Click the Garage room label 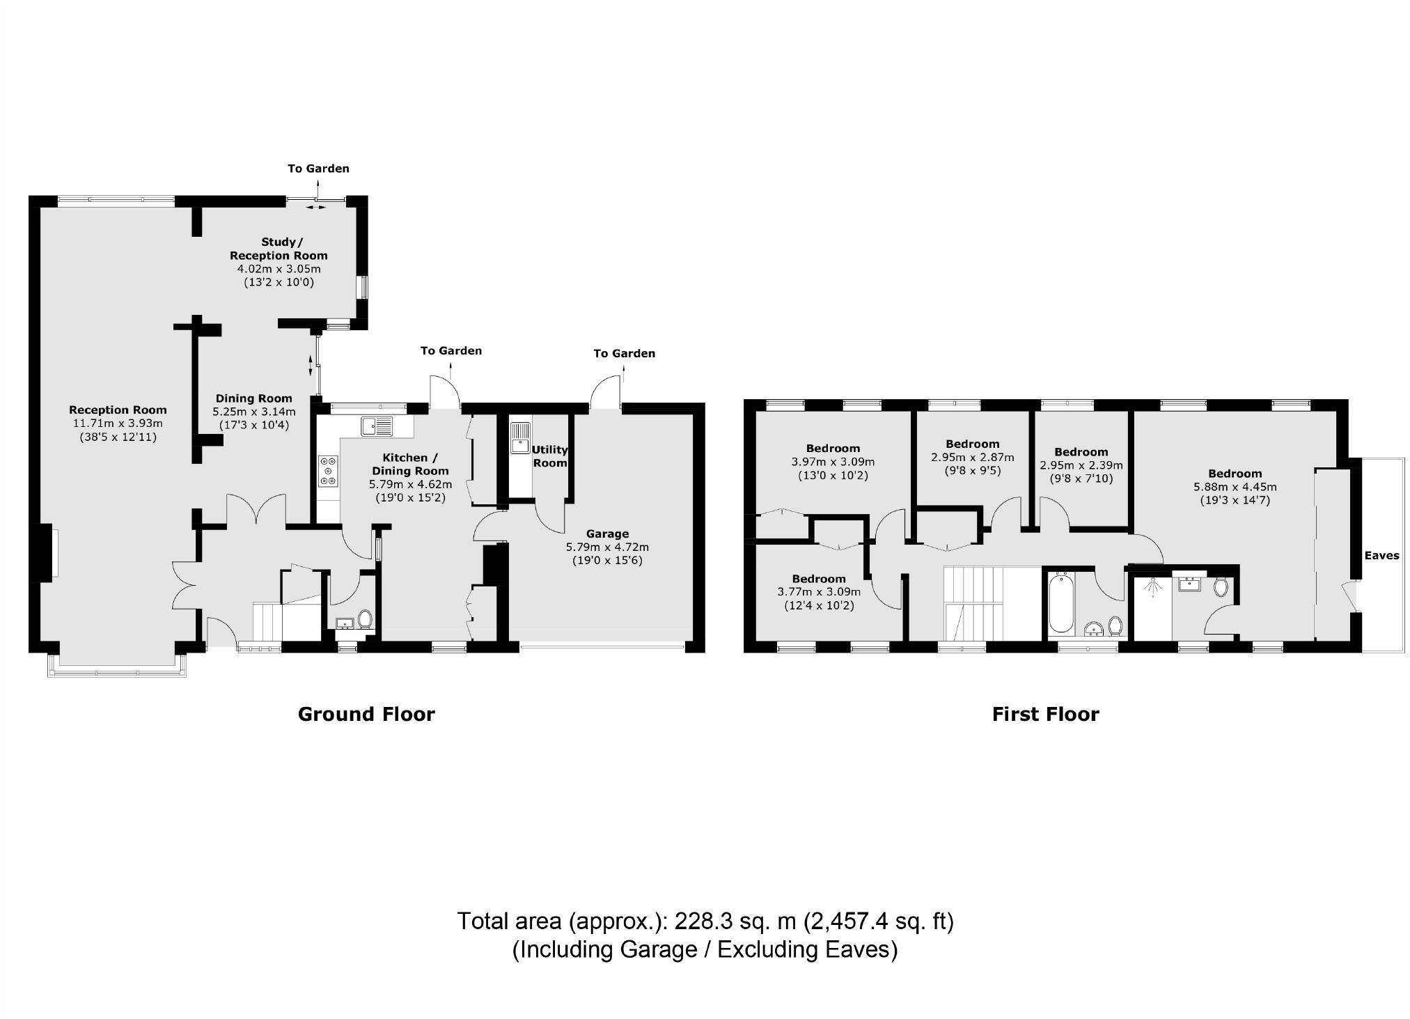(x=607, y=534)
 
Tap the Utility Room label (x=550, y=456)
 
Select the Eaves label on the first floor (x=1381, y=555)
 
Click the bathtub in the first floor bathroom (x=1061, y=602)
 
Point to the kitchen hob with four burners (x=328, y=470)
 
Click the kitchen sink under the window (x=377, y=424)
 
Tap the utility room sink (x=520, y=437)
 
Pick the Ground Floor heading (x=366, y=714)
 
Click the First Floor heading (x=1045, y=714)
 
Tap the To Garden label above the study (x=318, y=169)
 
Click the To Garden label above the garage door (x=624, y=353)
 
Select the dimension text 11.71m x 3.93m (x=118, y=423)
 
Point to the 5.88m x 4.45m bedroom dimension (x=1235, y=487)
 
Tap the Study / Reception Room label (x=279, y=249)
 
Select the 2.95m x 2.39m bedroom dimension (x=1081, y=465)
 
